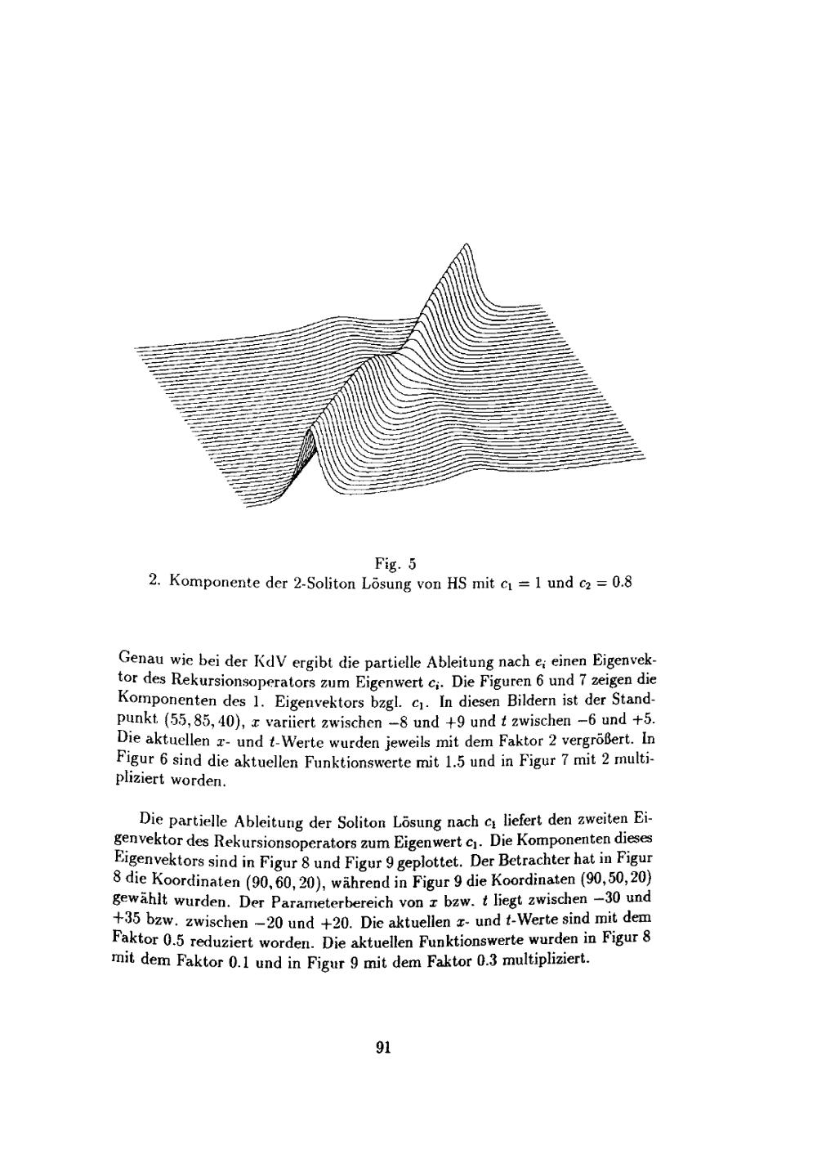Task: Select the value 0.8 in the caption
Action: (x=622, y=584)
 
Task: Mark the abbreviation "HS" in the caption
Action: (x=458, y=584)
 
